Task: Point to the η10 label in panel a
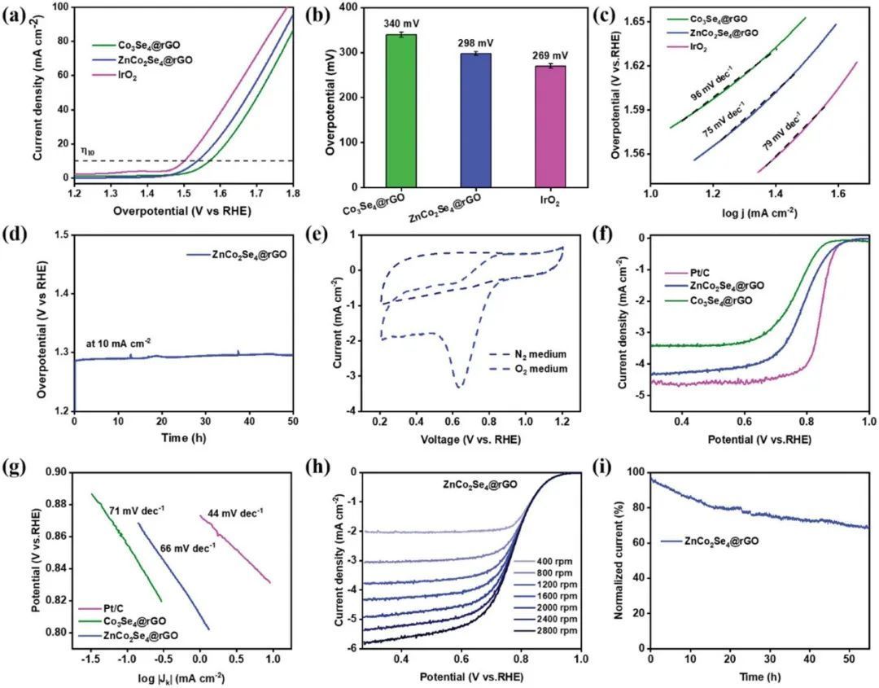87,151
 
